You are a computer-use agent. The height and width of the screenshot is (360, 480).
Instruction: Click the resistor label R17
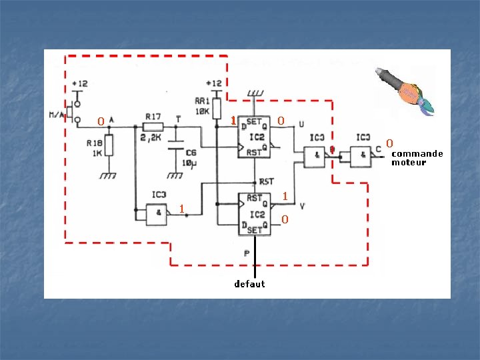(x=152, y=117)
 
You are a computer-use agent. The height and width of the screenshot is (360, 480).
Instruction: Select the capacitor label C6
(x=191, y=153)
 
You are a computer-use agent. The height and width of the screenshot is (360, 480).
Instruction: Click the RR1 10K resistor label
(x=201, y=106)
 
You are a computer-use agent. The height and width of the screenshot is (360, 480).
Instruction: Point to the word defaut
(x=249, y=284)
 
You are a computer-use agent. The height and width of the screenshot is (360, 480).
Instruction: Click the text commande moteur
(x=417, y=158)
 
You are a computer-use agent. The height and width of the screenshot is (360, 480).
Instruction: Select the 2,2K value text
(x=153, y=137)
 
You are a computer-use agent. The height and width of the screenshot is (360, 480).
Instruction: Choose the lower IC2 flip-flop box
(x=254, y=214)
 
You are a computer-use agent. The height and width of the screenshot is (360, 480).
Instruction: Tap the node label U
(x=302, y=124)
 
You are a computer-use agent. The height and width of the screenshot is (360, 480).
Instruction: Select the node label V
(x=302, y=206)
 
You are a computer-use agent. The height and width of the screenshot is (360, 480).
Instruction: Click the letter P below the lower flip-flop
(x=247, y=253)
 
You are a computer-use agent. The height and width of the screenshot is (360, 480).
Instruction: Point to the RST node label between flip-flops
(x=266, y=181)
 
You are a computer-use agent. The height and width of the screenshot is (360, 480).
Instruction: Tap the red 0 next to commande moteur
(x=390, y=143)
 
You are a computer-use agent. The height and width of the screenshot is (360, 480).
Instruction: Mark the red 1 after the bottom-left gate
(x=181, y=209)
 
